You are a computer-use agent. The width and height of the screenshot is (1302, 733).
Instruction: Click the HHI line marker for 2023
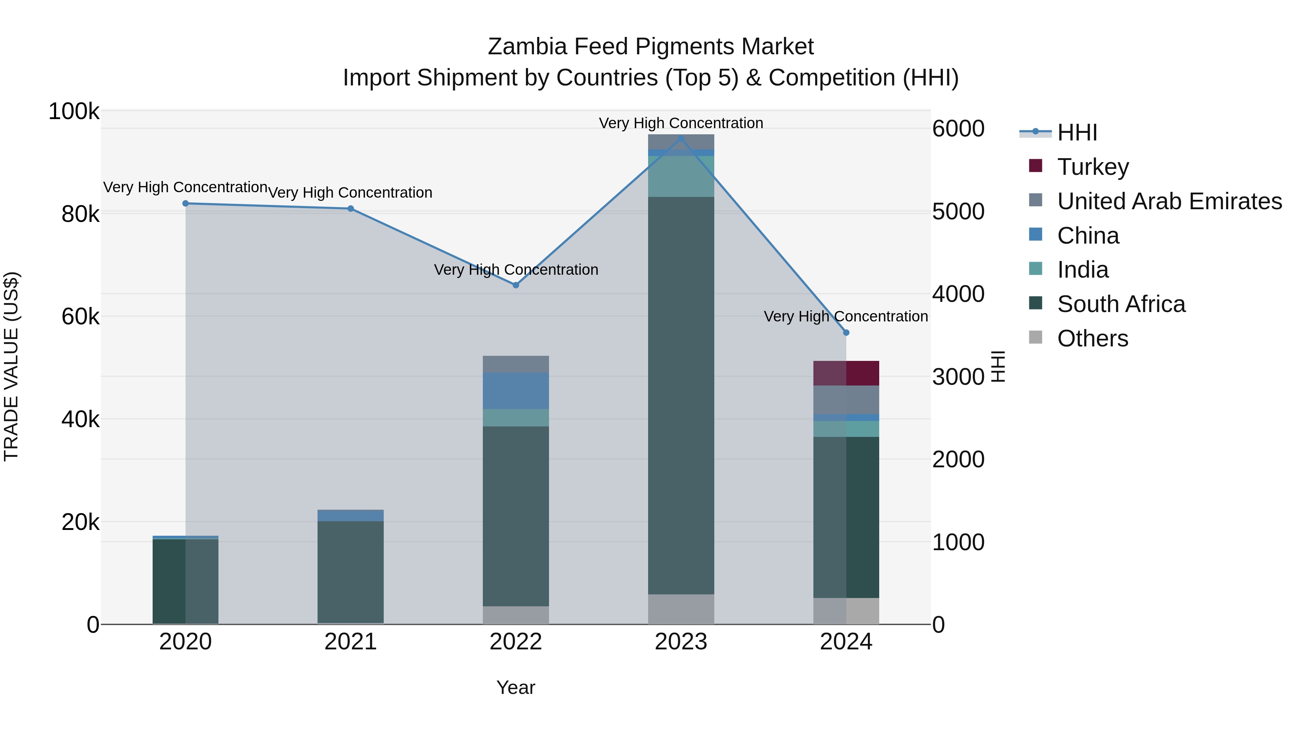[x=681, y=139]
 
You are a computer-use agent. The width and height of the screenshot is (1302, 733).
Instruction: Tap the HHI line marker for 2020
[x=186, y=203]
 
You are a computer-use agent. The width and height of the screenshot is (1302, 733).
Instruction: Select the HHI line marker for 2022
[x=515, y=285]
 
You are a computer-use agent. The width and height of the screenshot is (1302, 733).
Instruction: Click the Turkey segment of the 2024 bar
[x=846, y=373]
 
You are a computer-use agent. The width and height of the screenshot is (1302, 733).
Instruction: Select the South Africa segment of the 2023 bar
[x=681, y=395]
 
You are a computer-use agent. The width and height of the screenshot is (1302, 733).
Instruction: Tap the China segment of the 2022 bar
[x=515, y=391]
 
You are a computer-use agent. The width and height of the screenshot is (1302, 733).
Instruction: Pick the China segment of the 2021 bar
[x=350, y=515]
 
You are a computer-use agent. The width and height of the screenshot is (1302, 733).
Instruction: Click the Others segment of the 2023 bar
[x=681, y=609]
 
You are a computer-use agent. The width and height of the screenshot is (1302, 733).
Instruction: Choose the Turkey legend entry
[x=1093, y=167]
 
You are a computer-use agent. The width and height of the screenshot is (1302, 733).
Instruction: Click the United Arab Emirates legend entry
[x=1169, y=201]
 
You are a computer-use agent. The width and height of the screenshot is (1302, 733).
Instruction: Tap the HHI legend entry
[x=1077, y=132]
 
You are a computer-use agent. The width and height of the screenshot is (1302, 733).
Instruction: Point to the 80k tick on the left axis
[x=80, y=214]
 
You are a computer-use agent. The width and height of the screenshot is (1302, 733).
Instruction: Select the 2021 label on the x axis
[x=350, y=642]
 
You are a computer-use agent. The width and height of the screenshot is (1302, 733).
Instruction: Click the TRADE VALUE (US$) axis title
[x=11, y=366]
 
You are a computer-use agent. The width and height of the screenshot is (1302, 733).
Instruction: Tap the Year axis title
[x=515, y=687]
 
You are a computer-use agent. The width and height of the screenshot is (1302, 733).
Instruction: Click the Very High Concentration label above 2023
[x=681, y=123]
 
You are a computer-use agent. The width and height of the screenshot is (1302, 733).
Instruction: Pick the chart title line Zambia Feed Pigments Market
[x=651, y=47]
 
